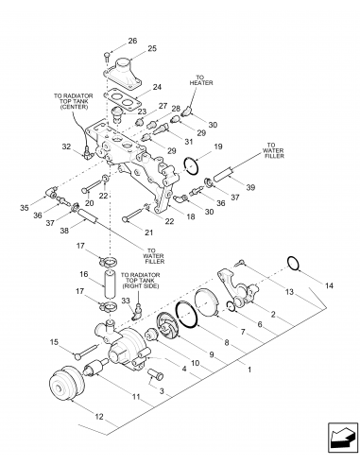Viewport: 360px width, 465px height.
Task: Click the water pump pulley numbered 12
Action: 67,383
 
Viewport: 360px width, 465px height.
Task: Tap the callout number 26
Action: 132,41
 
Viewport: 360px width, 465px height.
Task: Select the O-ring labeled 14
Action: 293,264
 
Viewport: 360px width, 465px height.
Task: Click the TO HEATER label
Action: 201,80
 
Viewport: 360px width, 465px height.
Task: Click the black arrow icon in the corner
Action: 343,438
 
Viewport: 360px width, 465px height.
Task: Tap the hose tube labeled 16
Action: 110,284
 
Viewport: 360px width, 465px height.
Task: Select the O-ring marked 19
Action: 191,165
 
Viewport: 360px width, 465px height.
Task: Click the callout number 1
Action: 249,370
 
